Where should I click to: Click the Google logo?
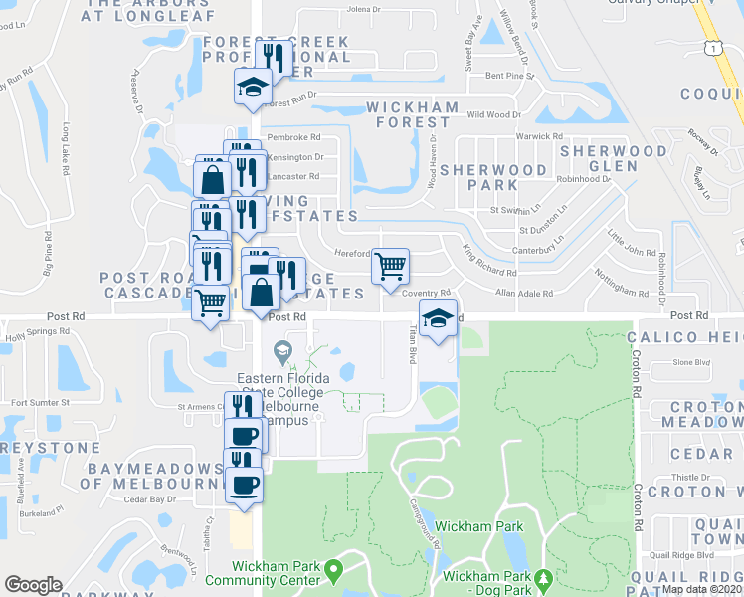point(33,585)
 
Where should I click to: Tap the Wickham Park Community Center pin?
point(333,571)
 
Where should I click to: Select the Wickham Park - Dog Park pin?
point(543,577)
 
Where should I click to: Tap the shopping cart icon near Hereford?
point(390,266)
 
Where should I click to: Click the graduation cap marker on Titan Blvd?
point(438,319)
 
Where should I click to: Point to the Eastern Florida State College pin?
point(283,350)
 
